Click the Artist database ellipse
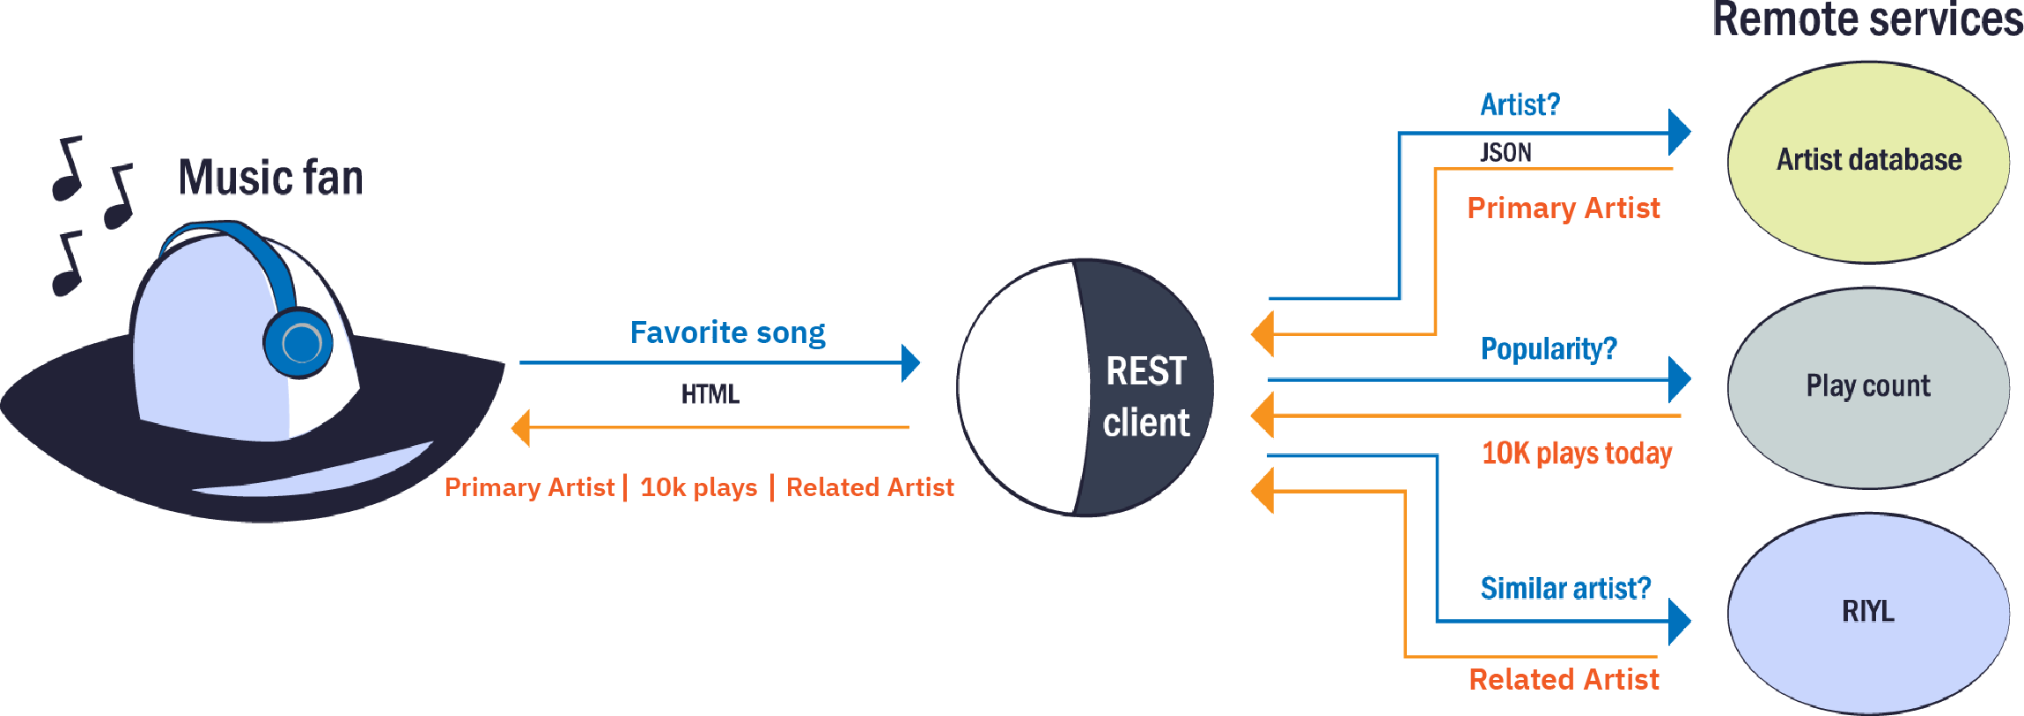coord(1867,162)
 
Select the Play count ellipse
coord(1867,387)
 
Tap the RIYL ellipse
coord(1867,612)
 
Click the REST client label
coord(1145,397)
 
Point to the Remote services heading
coord(1866,20)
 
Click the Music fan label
coord(270,177)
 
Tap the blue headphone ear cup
coord(298,342)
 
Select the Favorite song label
coord(727,332)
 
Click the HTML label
coord(710,394)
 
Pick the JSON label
coord(1505,152)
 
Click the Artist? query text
coord(1520,105)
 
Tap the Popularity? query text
coord(1549,349)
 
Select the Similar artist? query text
coord(1565,588)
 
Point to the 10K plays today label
coord(1576,453)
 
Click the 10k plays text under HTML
coord(698,487)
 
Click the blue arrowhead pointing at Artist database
coord(1679,133)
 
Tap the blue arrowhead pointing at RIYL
coord(1679,621)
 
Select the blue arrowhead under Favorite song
coord(911,362)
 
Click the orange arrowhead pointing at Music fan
coord(521,427)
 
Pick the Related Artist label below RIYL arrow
coord(1564,679)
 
